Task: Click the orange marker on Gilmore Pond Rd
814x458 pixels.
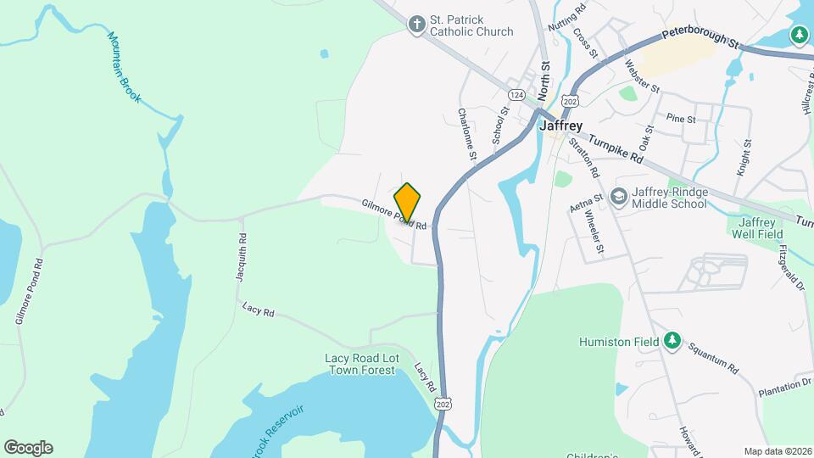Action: click(x=408, y=202)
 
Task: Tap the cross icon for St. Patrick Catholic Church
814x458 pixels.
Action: click(x=416, y=25)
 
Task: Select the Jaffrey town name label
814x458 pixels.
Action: click(x=560, y=125)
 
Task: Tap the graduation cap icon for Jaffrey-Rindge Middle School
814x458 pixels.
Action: click(x=619, y=197)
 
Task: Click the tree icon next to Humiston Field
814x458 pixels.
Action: click(x=672, y=341)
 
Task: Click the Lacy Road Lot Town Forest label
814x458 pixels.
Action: click(x=360, y=364)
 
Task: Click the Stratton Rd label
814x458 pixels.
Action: click(x=584, y=158)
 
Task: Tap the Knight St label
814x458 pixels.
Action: click(x=746, y=158)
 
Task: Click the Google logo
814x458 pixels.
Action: click(x=28, y=447)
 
